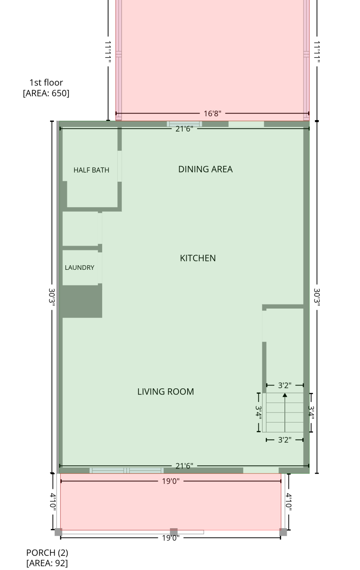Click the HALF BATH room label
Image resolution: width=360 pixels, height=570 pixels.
point(91,170)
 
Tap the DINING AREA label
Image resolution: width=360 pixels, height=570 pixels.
point(205,169)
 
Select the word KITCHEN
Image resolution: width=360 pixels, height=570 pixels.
point(198,258)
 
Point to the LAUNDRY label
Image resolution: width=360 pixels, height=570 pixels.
point(80,268)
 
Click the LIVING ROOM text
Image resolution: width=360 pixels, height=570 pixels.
point(166,392)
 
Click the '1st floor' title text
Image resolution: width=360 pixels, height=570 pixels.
point(46,82)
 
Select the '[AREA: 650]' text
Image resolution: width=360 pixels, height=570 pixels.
point(46,93)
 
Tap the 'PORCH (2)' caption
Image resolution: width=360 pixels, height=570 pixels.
point(47,553)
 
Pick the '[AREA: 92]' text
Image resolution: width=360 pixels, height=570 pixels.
point(47,563)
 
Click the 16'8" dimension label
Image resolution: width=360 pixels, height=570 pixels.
point(212,114)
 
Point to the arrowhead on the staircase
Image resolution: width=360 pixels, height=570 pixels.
point(285,395)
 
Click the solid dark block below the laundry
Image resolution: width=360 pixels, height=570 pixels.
point(82,301)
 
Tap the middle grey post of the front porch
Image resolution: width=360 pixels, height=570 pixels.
point(174,532)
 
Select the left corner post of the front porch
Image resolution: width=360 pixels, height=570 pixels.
point(58,532)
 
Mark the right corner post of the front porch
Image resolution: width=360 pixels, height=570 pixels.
point(283,532)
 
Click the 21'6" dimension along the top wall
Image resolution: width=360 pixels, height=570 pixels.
point(184,129)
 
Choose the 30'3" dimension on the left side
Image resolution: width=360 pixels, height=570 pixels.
point(52,297)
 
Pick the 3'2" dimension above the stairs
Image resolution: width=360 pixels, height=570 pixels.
point(285,385)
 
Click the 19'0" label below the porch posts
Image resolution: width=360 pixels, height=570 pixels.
point(171,538)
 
